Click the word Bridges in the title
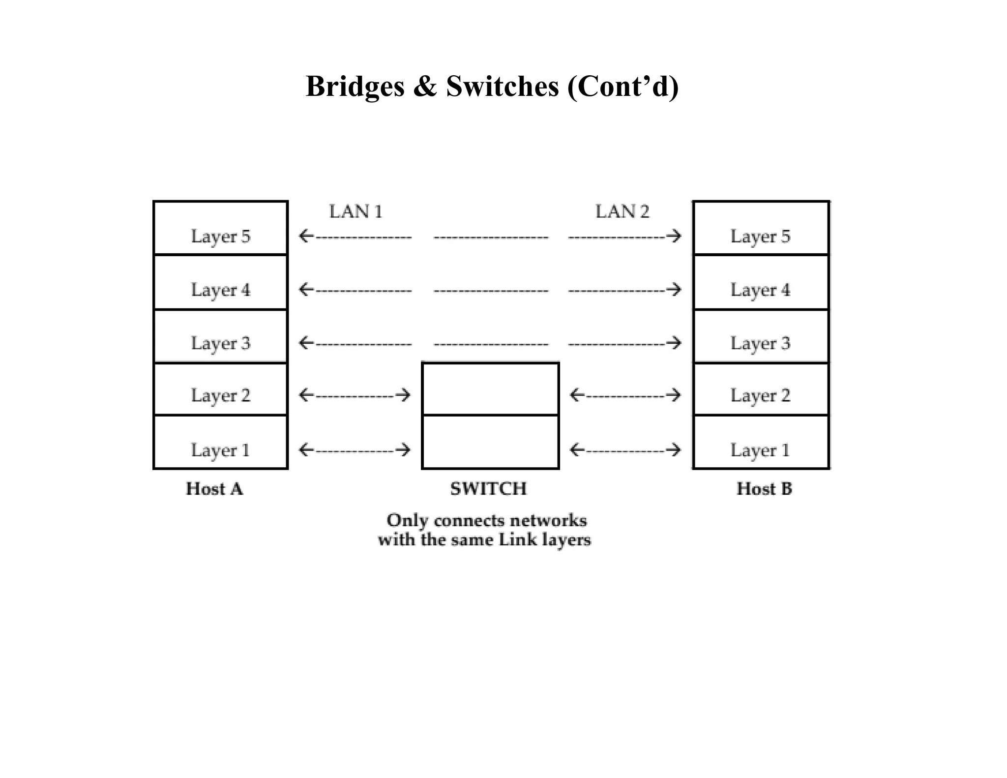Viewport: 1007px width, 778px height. tap(355, 87)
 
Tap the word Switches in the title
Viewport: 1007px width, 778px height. tap(503, 87)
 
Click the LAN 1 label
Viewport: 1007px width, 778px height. tap(355, 211)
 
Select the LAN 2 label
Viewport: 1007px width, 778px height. tap(622, 211)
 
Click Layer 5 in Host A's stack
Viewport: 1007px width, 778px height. tap(220, 237)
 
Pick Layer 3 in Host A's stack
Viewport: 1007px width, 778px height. tap(220, 343)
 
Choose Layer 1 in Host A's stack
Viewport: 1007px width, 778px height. tap(220, 450)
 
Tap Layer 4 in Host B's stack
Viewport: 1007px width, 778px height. tap(760, 290)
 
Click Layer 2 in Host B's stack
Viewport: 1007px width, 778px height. tap(760, 395)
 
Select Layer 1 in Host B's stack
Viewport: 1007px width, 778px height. tap(760, 450)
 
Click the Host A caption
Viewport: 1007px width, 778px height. tap(214, 489)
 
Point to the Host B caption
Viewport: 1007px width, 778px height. tap(764, 489)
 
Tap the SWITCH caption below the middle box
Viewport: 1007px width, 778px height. tap(488, 489)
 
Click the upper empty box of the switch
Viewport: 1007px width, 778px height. tap(490, 389)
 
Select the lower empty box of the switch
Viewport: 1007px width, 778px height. tap(490, 442)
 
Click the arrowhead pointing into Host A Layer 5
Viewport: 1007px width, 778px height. tap(305, 236)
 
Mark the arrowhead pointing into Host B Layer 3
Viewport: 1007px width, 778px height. tap(676, 343)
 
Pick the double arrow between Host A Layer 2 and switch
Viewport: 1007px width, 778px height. tap(355, 395)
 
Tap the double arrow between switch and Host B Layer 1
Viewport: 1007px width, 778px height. tap(625, 449)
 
